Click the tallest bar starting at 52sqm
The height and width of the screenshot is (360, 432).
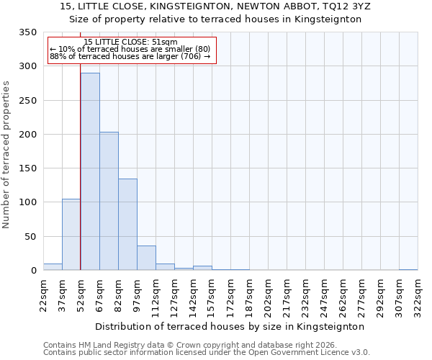(90, 171)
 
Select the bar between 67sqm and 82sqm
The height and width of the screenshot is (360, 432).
(109, 201)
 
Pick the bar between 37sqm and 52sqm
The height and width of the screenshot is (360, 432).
(71, 235)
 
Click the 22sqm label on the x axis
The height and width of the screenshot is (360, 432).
(43, 294)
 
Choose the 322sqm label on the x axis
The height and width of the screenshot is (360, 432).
(418, 294)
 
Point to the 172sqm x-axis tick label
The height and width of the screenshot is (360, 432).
(230, 294)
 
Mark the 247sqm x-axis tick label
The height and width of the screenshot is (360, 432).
(324, 294)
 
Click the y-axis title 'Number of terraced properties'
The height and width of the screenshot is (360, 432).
(6, 154)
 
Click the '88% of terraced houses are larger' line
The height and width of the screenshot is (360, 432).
(130, 56)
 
